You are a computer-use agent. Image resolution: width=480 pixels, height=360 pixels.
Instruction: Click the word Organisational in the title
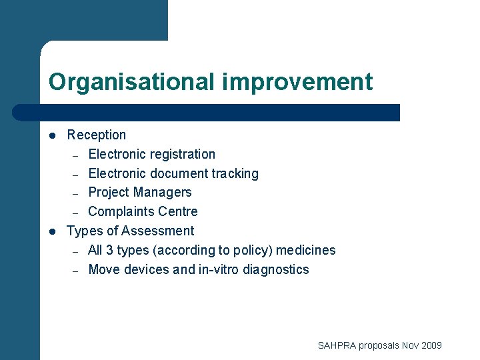[131, 82]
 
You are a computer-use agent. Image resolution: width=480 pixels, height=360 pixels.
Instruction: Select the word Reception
[97, 135]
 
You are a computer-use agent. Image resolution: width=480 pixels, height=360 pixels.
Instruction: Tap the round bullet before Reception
[53, 135]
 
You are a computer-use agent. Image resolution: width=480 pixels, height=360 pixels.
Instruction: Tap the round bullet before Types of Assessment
[53, 231]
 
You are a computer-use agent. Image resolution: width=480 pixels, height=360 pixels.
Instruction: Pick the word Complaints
[121, 211]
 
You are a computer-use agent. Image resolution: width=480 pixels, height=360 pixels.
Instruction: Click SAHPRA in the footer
[337, 345]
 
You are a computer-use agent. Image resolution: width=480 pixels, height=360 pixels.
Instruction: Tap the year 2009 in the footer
[431, 345]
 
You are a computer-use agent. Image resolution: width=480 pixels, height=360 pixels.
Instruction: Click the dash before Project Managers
[76, 193]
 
